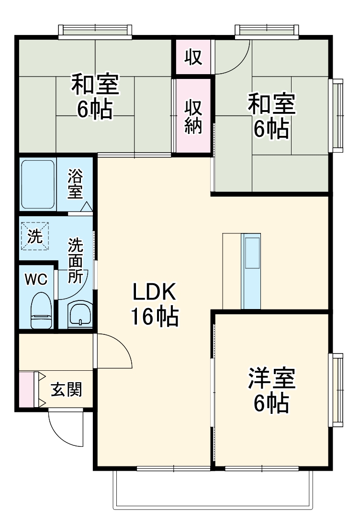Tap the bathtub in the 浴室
pyautogui.click(x=38, y=184)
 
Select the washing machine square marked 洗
pyautogui.click(x=34, y=235)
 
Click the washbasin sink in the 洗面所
pyautogui.click(x=79, y=314)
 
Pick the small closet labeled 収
pyautogui.click(x=193, y=57)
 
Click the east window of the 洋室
pyautogui.click(x=337, y=390)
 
